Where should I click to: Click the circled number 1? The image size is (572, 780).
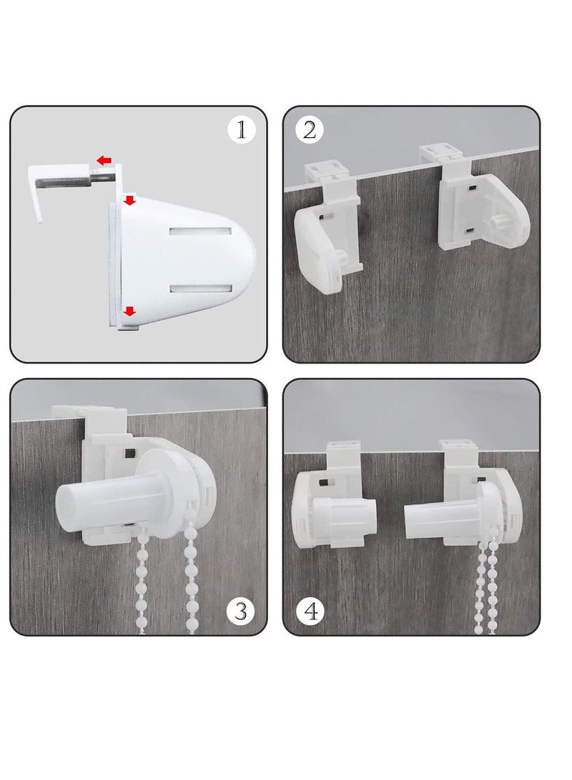(241, 130)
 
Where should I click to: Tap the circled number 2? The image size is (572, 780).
(309, 130)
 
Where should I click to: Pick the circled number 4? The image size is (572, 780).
(313, 611)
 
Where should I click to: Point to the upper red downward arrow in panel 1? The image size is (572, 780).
(129, 201)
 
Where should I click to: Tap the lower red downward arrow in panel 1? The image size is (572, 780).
(129, 311)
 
